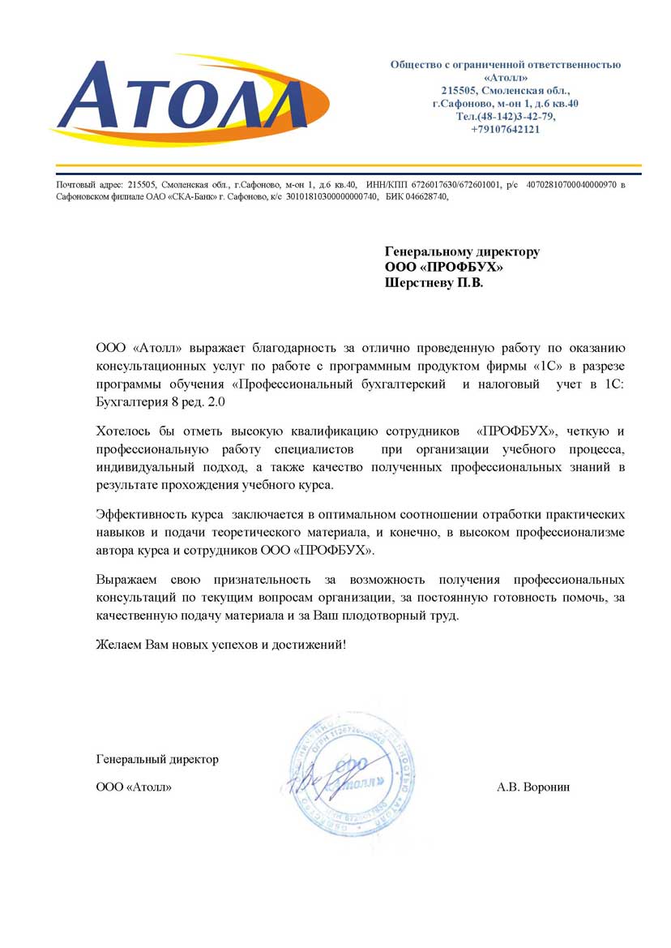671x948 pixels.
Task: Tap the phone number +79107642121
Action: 505,129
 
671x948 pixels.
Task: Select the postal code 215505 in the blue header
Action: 461,91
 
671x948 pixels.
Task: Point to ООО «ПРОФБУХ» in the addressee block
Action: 443,268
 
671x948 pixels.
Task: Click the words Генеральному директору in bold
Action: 461,251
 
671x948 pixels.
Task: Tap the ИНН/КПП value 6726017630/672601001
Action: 458,185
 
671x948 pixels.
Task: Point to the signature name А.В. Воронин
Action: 534,787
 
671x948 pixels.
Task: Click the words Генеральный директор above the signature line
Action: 157,760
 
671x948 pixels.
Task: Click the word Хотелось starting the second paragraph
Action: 122,429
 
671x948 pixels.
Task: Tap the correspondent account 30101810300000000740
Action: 333,197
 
